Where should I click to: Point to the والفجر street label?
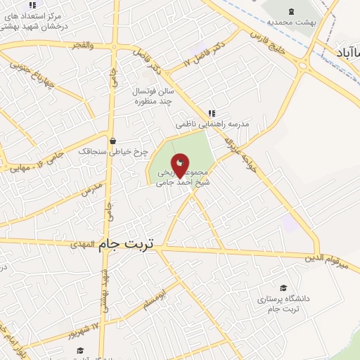point(82,45)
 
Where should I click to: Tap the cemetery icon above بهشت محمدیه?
point(292,11)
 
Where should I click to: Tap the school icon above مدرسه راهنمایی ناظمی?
point(212,113)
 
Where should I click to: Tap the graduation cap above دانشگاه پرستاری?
point(283,288)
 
